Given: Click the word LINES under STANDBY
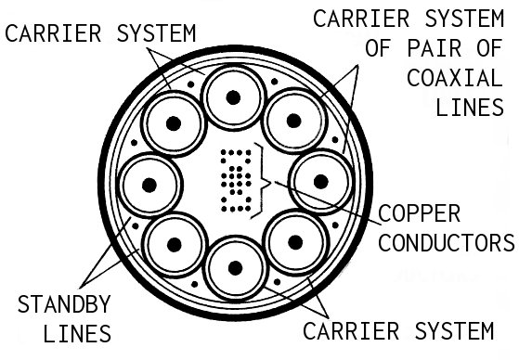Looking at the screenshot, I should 77,333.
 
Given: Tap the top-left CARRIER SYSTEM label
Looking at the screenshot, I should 101,32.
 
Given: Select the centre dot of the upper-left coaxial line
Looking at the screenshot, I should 172,124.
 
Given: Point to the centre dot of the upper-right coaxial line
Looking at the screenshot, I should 293,120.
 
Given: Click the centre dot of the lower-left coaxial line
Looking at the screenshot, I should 174,245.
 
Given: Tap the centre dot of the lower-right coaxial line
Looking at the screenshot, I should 295,242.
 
